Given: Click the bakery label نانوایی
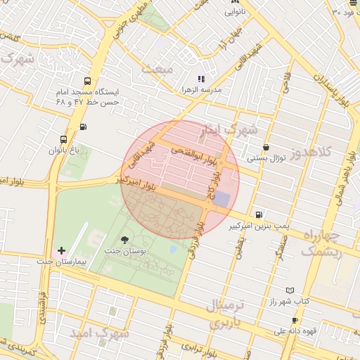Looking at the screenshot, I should point(236,13).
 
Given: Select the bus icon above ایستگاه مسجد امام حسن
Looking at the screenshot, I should point(87,81).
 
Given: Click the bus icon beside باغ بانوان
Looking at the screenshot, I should point(64,139).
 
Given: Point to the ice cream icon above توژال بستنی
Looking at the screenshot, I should point(265,147).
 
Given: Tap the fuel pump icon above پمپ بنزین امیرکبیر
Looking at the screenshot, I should point(259,215).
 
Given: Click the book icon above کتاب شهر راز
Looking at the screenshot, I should point(290,290).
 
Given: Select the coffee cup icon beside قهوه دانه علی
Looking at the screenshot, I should point(295,321).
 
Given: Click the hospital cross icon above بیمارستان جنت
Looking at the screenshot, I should point(61,250).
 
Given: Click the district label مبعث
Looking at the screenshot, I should point(157,69).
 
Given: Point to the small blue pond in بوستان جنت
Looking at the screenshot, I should point(173,250).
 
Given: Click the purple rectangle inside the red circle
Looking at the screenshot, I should point(221,199).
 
